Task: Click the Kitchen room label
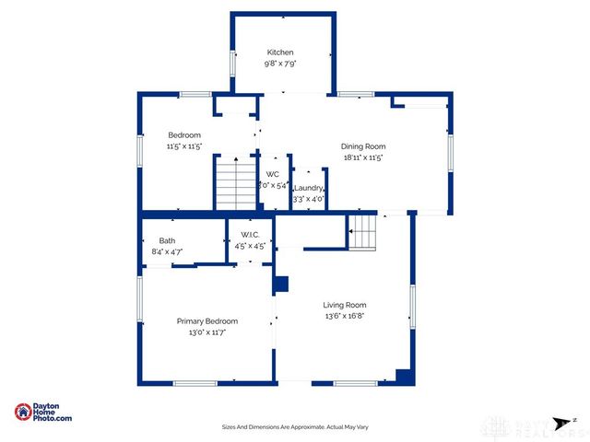pyautogui.click(x=280, y=52)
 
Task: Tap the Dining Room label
pyautogui.click(x=363, y=146)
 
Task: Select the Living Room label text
pyautogui.click(x=345, y=305)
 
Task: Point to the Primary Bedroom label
pyautogui.click(x=207, y=321)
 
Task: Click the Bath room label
pyautogui.click(x=167, y=240)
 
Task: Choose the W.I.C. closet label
pyautogui.click(x=250, y=236)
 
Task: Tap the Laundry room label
pyautogui.click(x=308, y=188)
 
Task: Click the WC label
pyautogui.click(x=272, y=174)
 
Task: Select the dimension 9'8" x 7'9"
pyautogui.click(x=280, y=64)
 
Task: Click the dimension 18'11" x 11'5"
pyautogui.click(x=363, y=157)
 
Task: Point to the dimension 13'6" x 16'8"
pyautogui.click(x=345, y=317)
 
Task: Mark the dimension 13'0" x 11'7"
pyautogui.click(x=207, y=332)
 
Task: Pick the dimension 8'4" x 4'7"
pyautogui.click(x=167, y=251)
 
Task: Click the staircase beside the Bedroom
pyautogui.click(x=234, y=182)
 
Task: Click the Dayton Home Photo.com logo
pyautogui.click(x=43, y=413)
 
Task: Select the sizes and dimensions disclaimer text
pyautogui.click(x=295, y=427)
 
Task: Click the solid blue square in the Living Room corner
pyautogui.click(x=403, y=376)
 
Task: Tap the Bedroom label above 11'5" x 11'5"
pyautogui.click(x=184, y=135)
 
